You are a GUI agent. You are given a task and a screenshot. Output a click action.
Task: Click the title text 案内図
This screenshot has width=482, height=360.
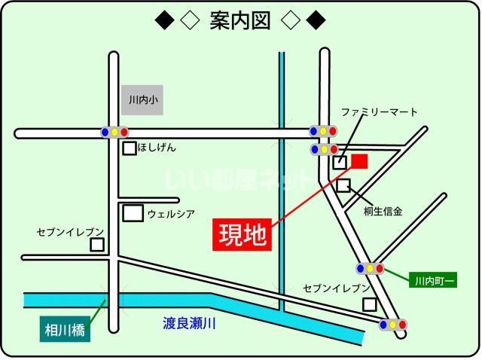[x=240, y=20]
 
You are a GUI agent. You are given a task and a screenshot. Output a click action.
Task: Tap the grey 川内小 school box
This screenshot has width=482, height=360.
[x=142, y=99]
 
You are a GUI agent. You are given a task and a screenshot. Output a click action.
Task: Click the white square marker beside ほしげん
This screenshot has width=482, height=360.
[x=130, y=148]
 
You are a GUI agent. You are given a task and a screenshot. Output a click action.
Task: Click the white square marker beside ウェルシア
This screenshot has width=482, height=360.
[x=133, y=213]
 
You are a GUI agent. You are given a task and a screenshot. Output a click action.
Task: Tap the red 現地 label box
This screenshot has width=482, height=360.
[x=243, y=234]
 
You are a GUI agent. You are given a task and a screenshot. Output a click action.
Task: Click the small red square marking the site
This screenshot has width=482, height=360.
[x=359, y=160]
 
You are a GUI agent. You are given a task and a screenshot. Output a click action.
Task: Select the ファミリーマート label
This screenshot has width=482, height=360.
[x=380, y=112]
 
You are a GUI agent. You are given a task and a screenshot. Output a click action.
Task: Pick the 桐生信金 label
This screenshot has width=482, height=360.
[x=383, y=212]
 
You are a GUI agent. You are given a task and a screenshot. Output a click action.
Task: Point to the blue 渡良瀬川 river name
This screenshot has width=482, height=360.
[x=190, y=324]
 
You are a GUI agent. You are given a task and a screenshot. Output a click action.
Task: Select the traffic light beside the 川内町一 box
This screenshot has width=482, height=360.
[x=370, y=268]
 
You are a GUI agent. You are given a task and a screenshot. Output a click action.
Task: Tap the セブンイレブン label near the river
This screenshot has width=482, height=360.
[x=337, y=288]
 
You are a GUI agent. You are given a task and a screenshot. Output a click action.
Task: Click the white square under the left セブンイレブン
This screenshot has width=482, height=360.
[x=97, y=245]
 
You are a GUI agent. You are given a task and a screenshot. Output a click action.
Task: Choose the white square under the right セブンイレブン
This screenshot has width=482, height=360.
[x=369, y=304]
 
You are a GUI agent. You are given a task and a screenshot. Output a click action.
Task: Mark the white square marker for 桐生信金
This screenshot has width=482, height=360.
[x=343, y=185]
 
